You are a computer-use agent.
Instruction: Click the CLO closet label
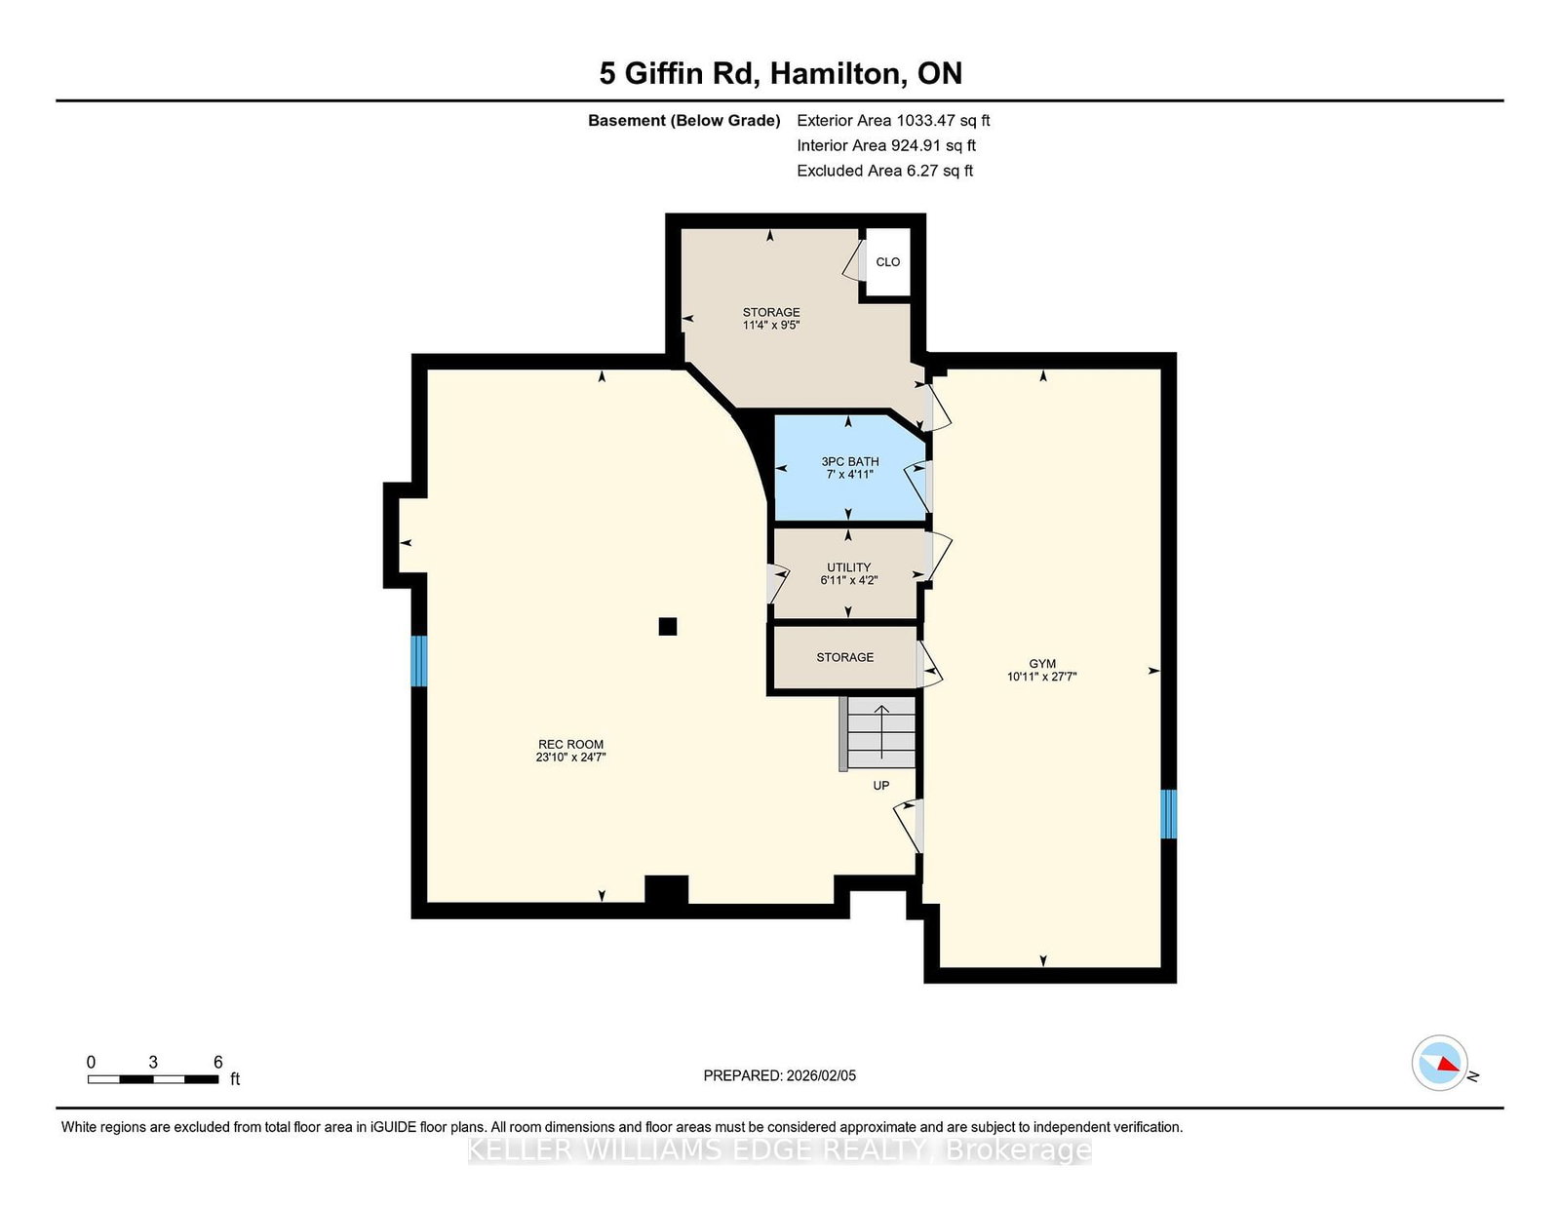point(888,262)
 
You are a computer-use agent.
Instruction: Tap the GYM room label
point(1041,664)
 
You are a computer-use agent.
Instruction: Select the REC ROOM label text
point(570,745)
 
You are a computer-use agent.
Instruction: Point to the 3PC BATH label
point(850,461)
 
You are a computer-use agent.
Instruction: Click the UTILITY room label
point(848,567)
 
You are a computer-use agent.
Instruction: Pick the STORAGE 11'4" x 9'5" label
point(771,318)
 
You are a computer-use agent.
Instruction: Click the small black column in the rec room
point(668,627)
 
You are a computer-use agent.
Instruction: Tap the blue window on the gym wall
point(1169,814)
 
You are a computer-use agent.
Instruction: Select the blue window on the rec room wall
point(419,660)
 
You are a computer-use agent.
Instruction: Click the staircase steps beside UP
point(880,732)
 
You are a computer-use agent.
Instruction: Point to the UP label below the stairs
point(880,786)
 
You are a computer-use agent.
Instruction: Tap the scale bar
point(153,1079)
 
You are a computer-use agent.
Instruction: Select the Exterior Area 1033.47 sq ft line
point(893,121)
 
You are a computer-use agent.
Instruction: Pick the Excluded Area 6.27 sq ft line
point(884,171)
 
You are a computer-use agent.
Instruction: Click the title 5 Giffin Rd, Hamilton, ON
point(780,73)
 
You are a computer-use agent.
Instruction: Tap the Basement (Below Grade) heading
point(683,121)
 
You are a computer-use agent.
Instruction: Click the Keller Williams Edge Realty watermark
point(780,1150)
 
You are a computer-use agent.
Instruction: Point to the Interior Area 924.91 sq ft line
point(886,145)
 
